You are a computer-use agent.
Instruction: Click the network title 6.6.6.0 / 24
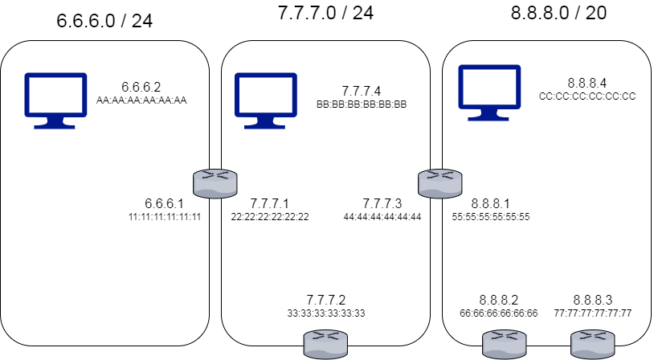point(104,21)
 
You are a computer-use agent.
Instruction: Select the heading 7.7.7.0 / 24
point(325,13)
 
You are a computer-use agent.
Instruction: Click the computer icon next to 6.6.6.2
point(55,100)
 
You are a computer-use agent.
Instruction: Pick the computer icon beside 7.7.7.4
point(264,100)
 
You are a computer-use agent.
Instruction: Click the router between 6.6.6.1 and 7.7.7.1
point(215,183)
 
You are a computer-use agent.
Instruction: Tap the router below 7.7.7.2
point(325,346)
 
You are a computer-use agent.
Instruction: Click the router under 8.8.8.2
point(503,346)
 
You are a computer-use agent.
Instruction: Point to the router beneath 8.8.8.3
point(591,346)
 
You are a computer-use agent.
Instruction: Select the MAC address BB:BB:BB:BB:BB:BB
point(362,104)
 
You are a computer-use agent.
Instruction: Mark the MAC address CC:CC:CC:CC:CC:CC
point(587,96)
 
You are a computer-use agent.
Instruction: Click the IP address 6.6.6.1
point(164,203)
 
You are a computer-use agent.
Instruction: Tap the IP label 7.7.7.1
point(269,203)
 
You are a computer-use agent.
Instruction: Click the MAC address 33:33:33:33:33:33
point(325,313)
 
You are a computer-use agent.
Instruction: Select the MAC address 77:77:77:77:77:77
point(593,313)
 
